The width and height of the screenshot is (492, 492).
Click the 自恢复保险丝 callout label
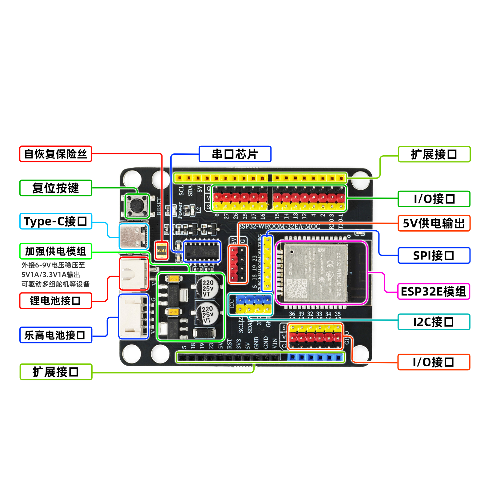(56, 154)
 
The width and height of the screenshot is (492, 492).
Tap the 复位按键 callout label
(56, 188)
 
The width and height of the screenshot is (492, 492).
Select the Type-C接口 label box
(56, 221)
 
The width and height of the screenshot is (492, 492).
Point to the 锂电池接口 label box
(56, 300)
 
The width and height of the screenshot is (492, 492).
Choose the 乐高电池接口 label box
(56, 335)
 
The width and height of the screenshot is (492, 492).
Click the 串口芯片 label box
(235, 154)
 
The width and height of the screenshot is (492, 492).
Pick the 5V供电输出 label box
(434, 223)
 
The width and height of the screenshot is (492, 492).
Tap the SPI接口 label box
(434, 256)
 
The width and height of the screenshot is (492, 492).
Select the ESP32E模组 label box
(434, 292)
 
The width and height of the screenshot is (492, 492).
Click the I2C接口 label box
(434, 322)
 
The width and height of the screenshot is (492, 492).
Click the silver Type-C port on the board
(134, 236)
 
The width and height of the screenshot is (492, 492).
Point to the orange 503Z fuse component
(162, 250)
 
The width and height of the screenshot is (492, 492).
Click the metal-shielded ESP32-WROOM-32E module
(316, 272)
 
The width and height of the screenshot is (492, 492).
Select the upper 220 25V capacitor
(208, 287)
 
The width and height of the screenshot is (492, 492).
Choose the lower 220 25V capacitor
(208, 313)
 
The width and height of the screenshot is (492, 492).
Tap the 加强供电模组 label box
(56, 251)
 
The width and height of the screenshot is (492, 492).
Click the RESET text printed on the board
(159, 206)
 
